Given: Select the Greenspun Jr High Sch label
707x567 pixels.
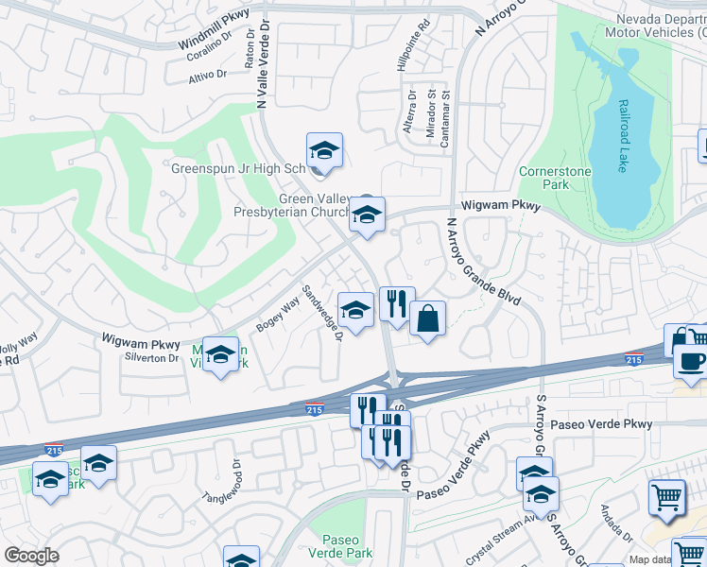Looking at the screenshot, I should [x=238, y=169].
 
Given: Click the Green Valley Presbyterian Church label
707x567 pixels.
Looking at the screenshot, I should [x=291, y=205].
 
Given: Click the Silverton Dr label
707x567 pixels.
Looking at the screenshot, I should [x=151, y=358].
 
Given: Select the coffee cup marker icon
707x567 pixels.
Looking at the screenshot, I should [x=691, y=362].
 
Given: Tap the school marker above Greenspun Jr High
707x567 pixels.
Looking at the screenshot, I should [x=324, y=151].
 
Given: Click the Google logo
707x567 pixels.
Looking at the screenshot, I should [x=32, y=557].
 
